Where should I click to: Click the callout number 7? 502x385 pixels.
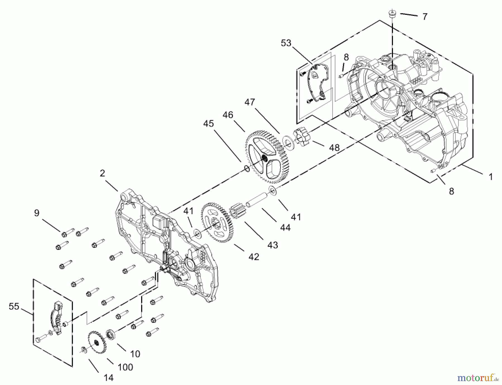(424, 17)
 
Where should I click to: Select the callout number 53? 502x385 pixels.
(286, 43)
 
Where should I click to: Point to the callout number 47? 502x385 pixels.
(250, 102)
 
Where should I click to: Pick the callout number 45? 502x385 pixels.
(208, 123)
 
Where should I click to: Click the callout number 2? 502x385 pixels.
(102, 173)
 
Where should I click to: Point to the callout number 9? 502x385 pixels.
(37, 213)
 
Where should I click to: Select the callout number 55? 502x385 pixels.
(14, 306)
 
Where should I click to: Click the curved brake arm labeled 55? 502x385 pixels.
(57, 318)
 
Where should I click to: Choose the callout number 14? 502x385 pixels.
(108, 378)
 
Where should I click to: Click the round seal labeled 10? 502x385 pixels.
(111, 334)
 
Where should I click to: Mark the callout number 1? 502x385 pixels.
(491, 177)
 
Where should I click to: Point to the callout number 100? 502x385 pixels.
(126, 367)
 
